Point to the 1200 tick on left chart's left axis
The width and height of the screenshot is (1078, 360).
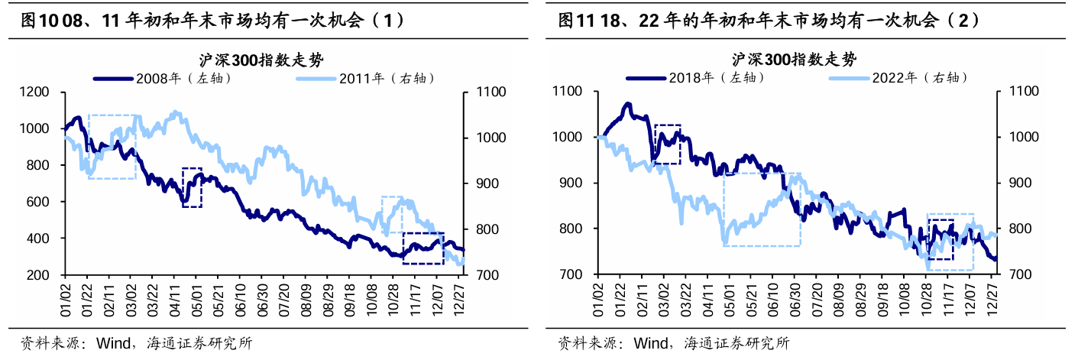pyautogui.click(x=36, y=92)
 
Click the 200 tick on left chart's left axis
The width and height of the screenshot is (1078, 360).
pyautogui.click(x=40, y=275)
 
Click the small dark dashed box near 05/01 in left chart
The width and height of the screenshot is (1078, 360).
pyautogui.click(x=192, y=187)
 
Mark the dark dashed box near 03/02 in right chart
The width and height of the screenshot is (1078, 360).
pyautogui.click(x=667, y=144)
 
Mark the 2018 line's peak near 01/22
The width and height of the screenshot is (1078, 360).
pyautogui.click(x=628, y=103)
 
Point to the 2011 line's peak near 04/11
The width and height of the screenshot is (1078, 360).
pyautogui.click(x=176, y=112)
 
